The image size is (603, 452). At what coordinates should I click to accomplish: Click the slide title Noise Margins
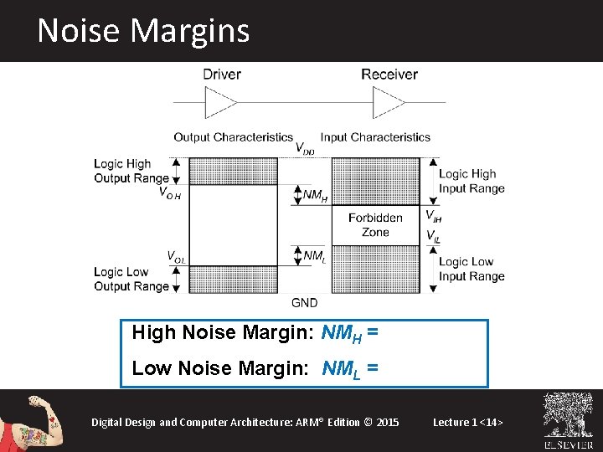click(143, 31)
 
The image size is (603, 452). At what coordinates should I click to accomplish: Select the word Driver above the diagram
click(222, 74)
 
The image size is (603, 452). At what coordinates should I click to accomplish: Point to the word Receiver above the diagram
click(389, 74)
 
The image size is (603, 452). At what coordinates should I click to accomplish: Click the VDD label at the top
click(305, 148)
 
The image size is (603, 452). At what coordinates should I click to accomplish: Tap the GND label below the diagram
click(304, 302)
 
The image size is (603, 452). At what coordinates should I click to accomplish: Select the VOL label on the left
click(175, 256)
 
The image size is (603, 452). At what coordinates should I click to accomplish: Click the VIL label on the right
click(432, 237)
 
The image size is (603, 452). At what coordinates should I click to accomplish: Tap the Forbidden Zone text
click(375, 224)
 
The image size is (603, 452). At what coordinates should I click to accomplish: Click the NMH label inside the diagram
click(315, 196)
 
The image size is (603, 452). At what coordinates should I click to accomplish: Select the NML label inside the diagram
click(314, 255)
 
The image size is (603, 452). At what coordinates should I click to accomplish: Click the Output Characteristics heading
click(233, 137)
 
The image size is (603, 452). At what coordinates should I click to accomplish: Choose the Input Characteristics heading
click(375, 137)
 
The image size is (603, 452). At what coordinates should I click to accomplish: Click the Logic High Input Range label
click(472, 182)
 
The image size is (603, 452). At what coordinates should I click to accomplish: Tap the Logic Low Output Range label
click(131, 279)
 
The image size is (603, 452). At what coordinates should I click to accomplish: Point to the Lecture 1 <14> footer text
click(468, 422)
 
